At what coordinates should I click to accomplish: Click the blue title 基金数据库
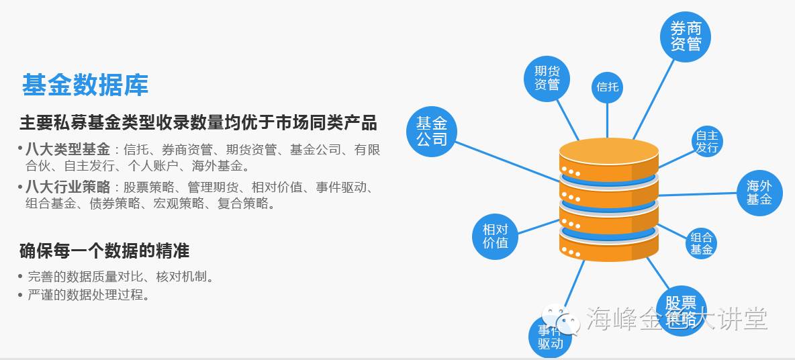coord(85,85)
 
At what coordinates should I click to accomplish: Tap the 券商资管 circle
coord(686,36)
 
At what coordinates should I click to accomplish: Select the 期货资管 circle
coord(547,78)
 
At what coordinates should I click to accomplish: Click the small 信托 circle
coord(608,87)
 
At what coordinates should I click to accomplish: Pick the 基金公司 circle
coord(432,132)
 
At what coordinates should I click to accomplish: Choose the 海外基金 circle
coord(759,193)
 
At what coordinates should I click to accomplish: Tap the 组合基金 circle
coord(702,243)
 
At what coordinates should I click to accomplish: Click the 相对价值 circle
coord(496,236)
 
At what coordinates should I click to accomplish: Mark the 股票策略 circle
coord(681,310)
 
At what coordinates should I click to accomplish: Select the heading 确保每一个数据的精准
coord(104,251)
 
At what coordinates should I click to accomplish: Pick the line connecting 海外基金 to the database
coord(698,194)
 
